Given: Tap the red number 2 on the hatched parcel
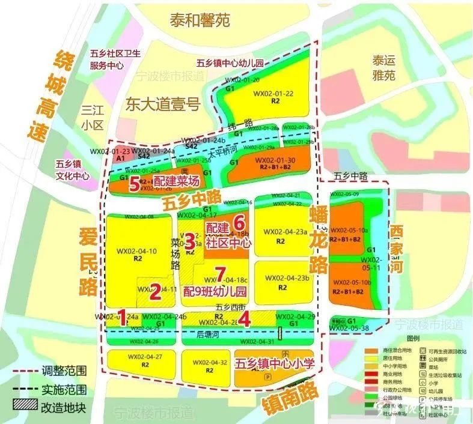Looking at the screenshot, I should pyautogui.click(x=155, y=292).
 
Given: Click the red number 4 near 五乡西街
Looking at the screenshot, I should pyautogui.click(x=244, y=320).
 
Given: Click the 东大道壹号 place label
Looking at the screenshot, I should pyautogui.click(x=162, y=104).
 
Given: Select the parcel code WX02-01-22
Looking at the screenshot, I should pyautogui.click(x=273, y=94).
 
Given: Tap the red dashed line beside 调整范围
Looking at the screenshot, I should pyautogui.click(x=25, y=372).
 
